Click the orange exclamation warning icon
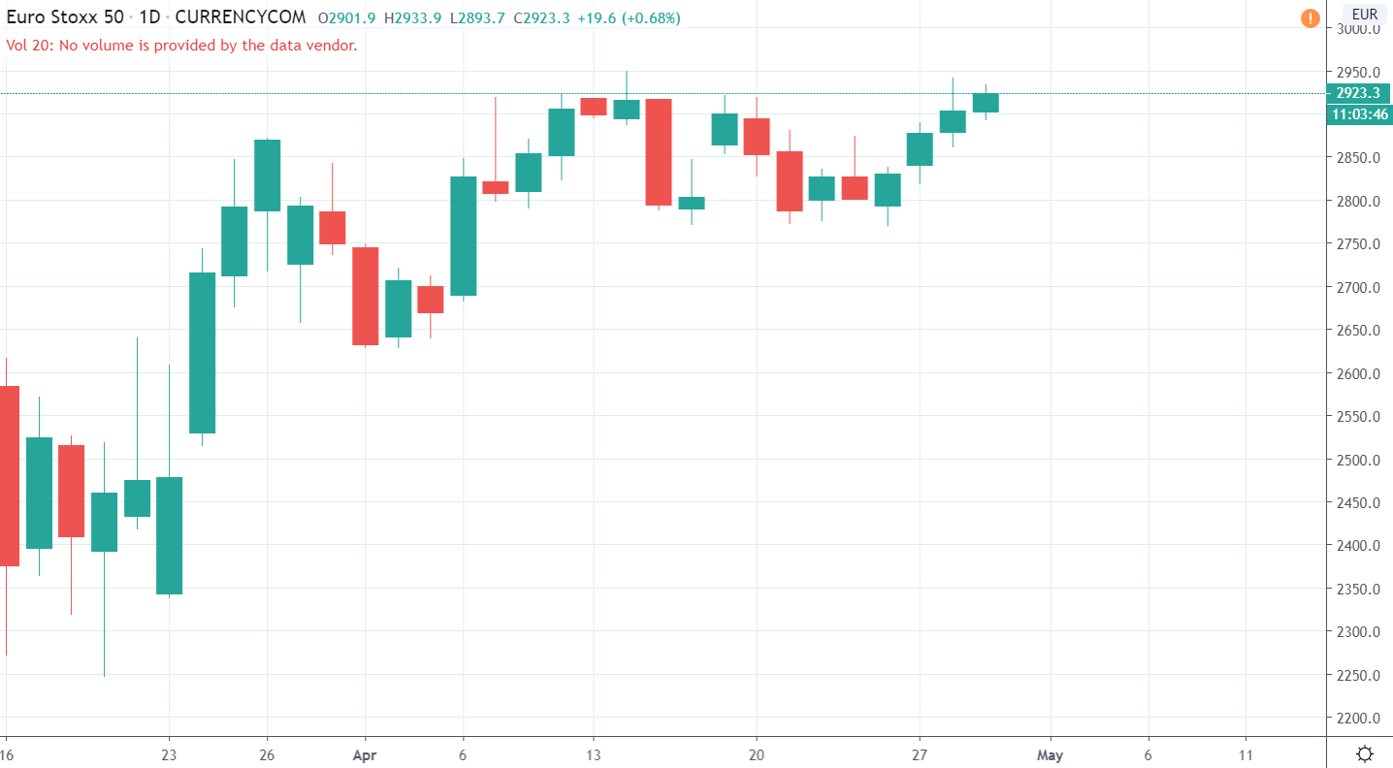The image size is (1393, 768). point(1310,16)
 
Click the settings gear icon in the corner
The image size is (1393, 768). point(1365,753)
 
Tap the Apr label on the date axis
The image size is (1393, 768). point(365,753)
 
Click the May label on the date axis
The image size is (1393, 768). point(1050,753)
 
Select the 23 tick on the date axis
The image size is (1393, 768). point(170,753)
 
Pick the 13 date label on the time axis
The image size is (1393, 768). point(594,753)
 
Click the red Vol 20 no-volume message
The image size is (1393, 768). point(181,45)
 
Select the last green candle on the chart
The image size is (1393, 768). point(986,103)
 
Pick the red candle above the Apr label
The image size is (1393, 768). point(365,296)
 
